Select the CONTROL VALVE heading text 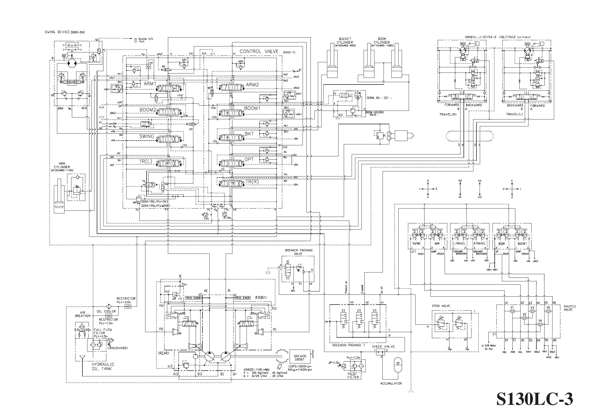pyautogui.click(x=259, y=51)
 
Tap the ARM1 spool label pyautogui.click(x=150, y=84)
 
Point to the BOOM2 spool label pyautogui.click(x=148, y=110)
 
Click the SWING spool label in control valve pyautogui.click(x=146, y=136)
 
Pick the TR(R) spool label pyautogui.click(x=252, y=182)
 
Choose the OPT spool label pyautogui.click(x=249, y=159)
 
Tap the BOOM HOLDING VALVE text pyautogui.click(x=374, y=113)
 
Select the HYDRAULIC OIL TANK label pyautogui.click(x=103, y=367)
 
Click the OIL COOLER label pyautogui.click(x=106, y=311)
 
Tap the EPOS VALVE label pyautogui.click(x=441, y=306)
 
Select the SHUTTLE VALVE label pyautogui.click(x=570, y=308)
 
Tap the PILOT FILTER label pyautogui.click(x=353, y=375)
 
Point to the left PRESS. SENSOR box pyautogui.click(x=193, y=298)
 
